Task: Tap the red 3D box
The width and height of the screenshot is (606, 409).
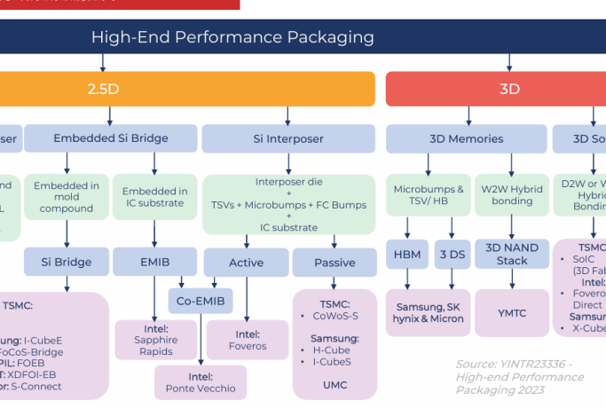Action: tap(508, 89)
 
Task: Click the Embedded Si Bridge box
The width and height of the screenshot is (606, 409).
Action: tap(111, 138)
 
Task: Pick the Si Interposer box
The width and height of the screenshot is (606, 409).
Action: tap(289, 138)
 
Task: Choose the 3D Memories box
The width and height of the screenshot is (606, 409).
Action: tap(464, 138)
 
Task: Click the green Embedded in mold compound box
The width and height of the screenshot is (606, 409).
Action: tap(67, 197)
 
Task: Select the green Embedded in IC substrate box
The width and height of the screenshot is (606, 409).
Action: tap(155, 197)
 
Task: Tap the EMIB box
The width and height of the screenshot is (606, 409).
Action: tap(154, 262)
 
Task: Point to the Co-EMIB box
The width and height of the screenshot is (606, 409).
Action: tap(201, 301)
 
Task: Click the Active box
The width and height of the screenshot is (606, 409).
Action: tap(246, 263)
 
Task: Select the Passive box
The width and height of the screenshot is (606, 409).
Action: tap(334, 263)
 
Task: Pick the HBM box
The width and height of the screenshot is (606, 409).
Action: tap(406, 254)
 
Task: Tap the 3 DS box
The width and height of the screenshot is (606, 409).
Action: tap(453, 254)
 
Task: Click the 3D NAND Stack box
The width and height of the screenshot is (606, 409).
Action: tap(513, 254)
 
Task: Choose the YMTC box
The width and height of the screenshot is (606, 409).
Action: tap(513, 311)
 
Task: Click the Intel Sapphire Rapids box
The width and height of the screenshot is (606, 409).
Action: tap(155, 340)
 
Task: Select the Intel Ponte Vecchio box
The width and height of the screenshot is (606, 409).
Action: tap(201, 381)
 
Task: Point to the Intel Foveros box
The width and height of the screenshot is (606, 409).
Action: tap(247, 340)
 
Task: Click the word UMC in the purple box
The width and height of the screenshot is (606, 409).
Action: tap(334, 385)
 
